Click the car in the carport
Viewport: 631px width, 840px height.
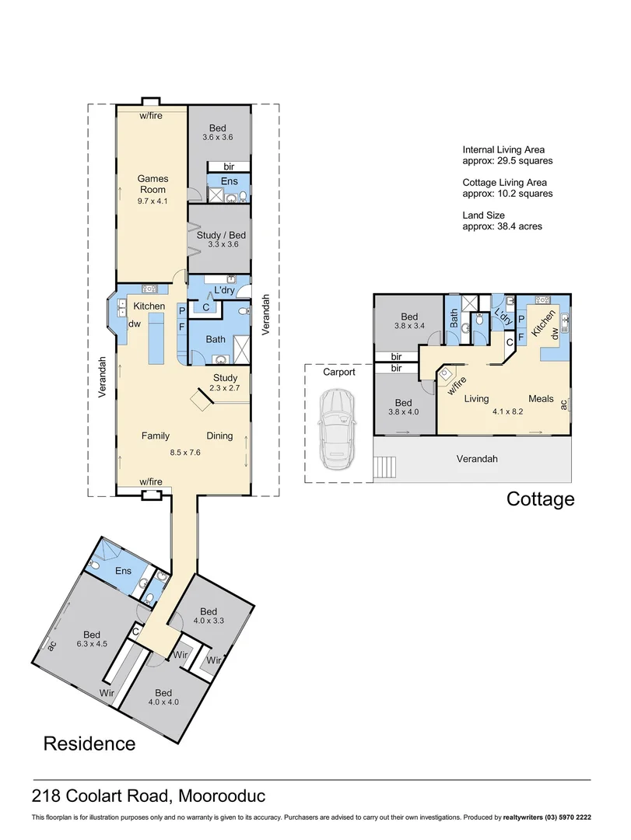[337, 431]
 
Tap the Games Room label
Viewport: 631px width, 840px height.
[152, 184]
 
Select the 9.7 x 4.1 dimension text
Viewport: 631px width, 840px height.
[152, 200]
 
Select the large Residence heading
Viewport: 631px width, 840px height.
[89, 744]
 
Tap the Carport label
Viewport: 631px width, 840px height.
[339, 372]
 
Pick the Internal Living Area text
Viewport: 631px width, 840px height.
[503, 149]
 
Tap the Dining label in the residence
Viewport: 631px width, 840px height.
[219, 436]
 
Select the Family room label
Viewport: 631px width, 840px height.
[155, 436]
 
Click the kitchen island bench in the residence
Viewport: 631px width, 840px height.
[155, 341]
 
